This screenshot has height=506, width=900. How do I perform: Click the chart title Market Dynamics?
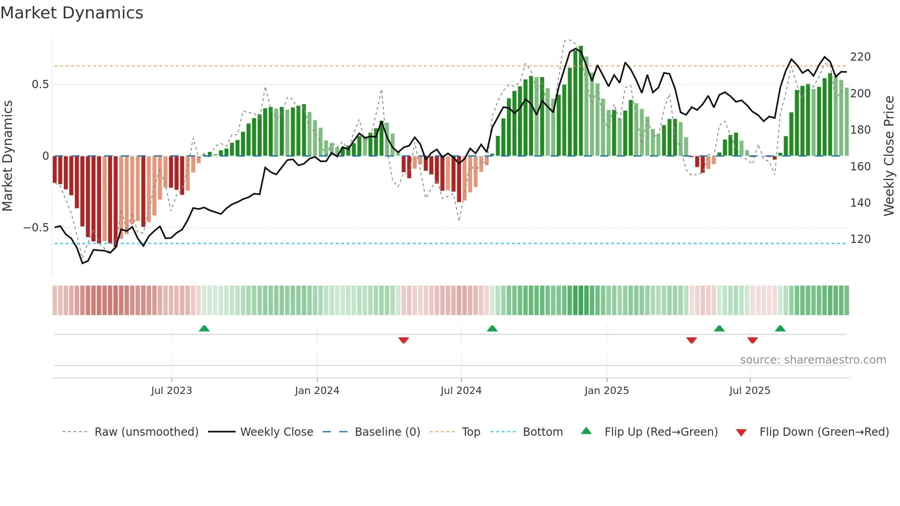72,13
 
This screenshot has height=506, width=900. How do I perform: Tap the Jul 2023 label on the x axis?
171,391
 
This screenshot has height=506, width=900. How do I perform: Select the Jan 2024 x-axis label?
317,391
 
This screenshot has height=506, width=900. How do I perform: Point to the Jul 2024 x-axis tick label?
461,391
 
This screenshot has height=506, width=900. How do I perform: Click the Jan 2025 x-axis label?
607,391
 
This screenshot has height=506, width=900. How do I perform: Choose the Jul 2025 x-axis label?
750,391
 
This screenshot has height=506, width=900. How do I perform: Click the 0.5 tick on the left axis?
40,84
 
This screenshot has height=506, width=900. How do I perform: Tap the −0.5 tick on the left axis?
36,228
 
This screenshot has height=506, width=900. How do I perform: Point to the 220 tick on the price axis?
860,57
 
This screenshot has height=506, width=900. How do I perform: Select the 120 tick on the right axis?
860,239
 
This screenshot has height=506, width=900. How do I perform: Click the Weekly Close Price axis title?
889,156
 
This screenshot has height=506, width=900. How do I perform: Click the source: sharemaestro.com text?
813,360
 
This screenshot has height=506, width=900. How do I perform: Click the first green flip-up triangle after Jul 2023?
204,328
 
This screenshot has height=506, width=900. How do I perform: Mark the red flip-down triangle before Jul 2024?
404,340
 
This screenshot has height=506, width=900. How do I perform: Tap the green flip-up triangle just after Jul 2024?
492,328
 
